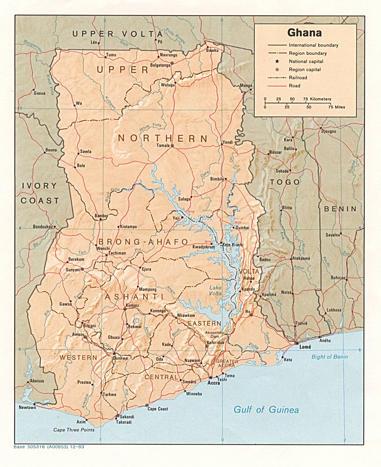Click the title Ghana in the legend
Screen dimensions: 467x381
(x=304, y=33)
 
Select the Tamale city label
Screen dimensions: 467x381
(x=163, y=145)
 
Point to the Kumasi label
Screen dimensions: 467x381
(x=132, y=305)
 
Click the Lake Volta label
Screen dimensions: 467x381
(x=215, y=290)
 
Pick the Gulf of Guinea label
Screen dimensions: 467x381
(x=266, y=409)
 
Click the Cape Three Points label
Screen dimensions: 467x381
(x=74, y=429)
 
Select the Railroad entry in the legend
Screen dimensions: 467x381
(x=298, y=78)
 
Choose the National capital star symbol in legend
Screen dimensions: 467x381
(x=277, y=61)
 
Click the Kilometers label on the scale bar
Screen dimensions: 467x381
(x=321, y=99)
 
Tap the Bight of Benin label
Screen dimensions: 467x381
(x=329, y=357)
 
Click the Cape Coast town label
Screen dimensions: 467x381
(x=158, y=409)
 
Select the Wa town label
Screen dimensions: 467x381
(x=79, y=104)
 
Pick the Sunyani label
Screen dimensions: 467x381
(x=73, y=270)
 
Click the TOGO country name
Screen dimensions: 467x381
(x=285, y=182)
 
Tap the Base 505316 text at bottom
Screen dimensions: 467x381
(x=49, y=447)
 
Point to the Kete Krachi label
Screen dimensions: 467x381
(x=233, y=245)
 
